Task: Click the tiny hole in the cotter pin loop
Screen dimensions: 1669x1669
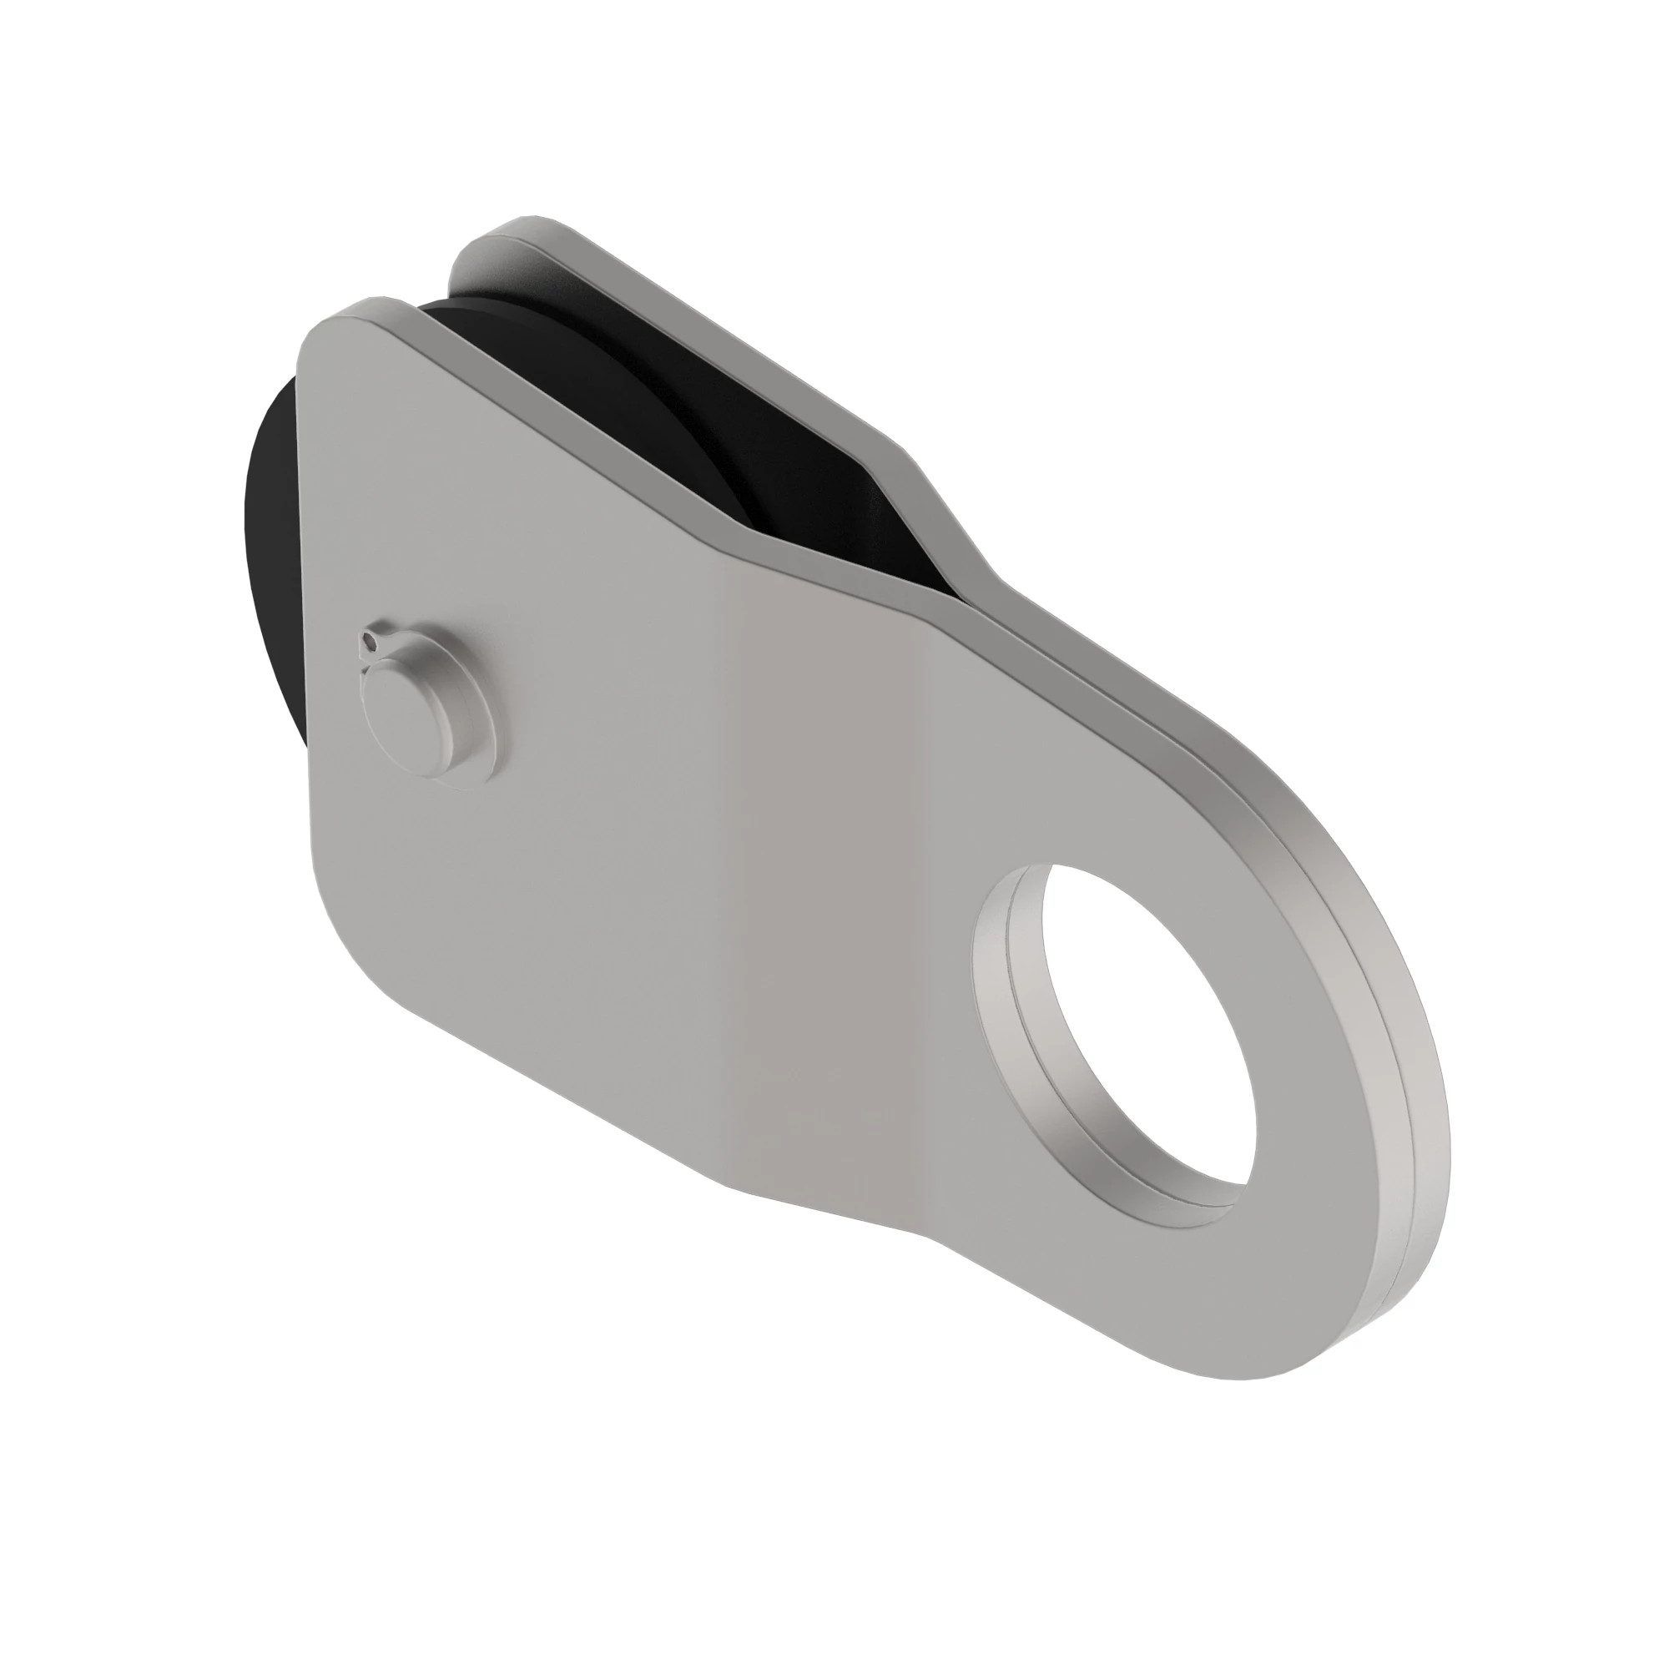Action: (x=369, y=641)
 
